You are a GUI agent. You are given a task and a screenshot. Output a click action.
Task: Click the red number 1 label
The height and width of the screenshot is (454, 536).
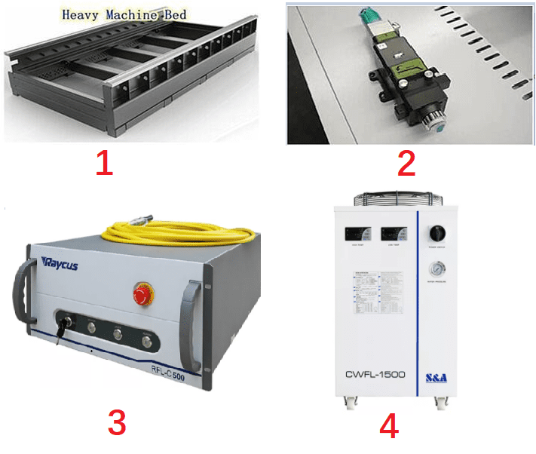pyautogui.click(x=104, y=163)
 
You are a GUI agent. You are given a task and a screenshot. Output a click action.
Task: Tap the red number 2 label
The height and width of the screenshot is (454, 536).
pyautogui.click(x=406, y=163)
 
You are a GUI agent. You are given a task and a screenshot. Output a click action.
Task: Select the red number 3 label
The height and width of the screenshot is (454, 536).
pyautogui.click(x=117, y=423)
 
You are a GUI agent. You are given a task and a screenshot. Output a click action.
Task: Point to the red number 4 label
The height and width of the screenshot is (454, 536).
pyautogui.click(x=388, y=427)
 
